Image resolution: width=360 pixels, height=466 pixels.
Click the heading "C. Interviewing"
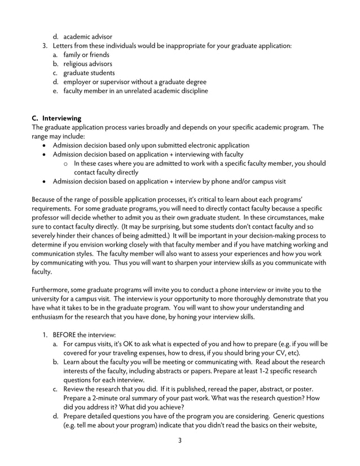[x=56, y=118]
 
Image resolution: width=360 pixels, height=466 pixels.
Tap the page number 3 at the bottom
[x=179, y=441]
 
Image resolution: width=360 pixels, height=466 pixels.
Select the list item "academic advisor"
[x=87, y=37]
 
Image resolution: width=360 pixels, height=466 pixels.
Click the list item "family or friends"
[x=86, y=55]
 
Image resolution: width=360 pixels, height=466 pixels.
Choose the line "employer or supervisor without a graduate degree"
[x=135, y=82]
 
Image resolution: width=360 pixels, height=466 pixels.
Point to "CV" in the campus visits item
[x=280, y=353]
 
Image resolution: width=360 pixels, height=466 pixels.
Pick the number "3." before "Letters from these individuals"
[x=46, y=46]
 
